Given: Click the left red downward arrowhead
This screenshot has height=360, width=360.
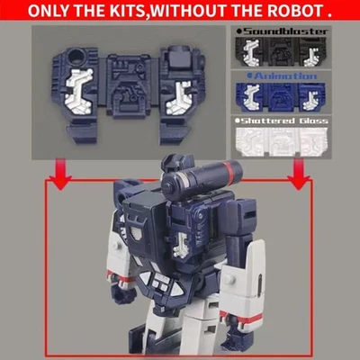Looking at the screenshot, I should click(x=59, y=183).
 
